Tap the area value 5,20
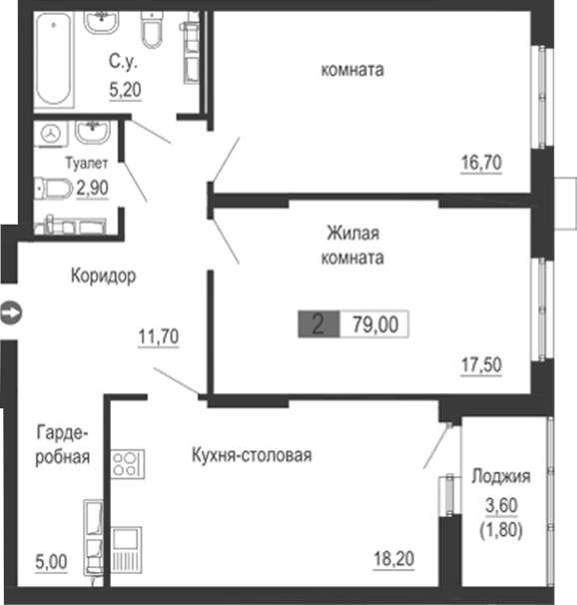pyautogui.click(x=125, y=88)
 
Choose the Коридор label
pyautogui.click(x=103, y=276)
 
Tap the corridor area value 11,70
pyautogui.click(x=158, y=336)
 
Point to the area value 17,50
pyautogui.click(x=481, y=365)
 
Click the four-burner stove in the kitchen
pyautogui.click(x=128, y=463)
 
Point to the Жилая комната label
pyautogui.click(x=354, y=245)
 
